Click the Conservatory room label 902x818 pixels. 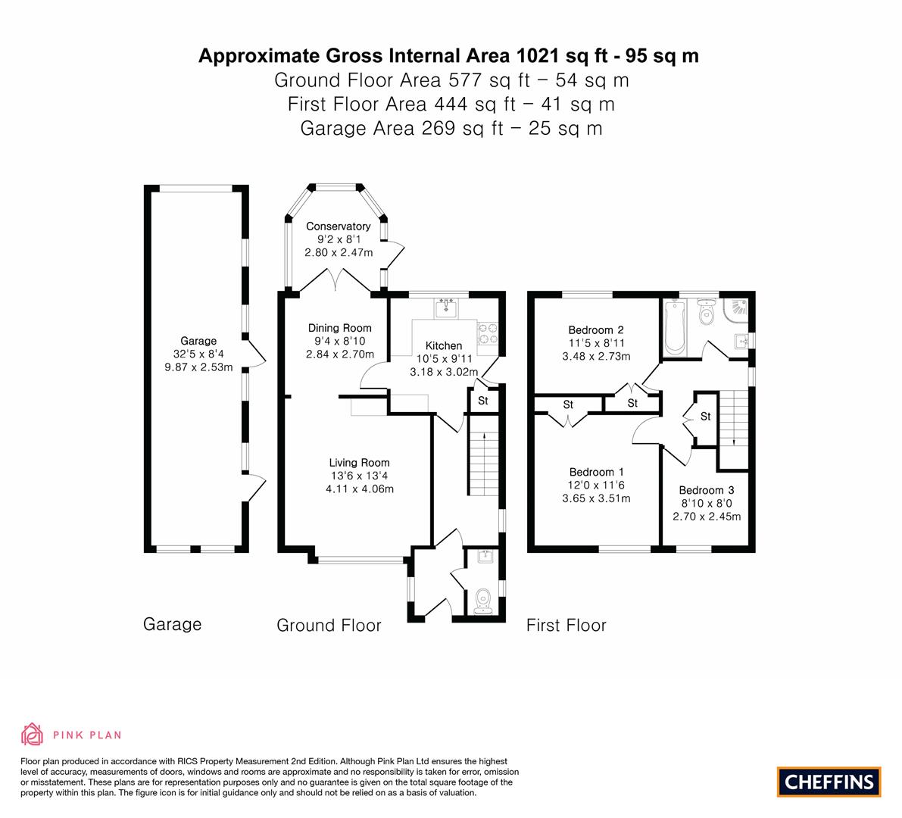coord(339,226)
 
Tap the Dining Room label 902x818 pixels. coord(339,329)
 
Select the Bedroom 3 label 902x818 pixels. coord(707,491)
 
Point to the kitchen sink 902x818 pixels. coord(446,308)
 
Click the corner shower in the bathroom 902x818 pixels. coord(736,311)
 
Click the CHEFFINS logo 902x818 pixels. coord(829,782)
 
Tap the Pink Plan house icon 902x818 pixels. coord(33,734)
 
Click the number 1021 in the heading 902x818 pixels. coord(538,56)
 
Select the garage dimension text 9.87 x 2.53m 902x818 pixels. coord(198,367)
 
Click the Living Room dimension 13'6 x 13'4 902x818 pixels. coord(360,476)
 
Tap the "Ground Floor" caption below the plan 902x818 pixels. coord(329,626)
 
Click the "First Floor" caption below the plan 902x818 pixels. coord(566,626)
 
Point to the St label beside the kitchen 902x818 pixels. coord(483,401)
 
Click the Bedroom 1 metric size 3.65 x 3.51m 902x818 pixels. coord(597,498)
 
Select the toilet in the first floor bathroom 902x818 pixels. coord(705,311)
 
